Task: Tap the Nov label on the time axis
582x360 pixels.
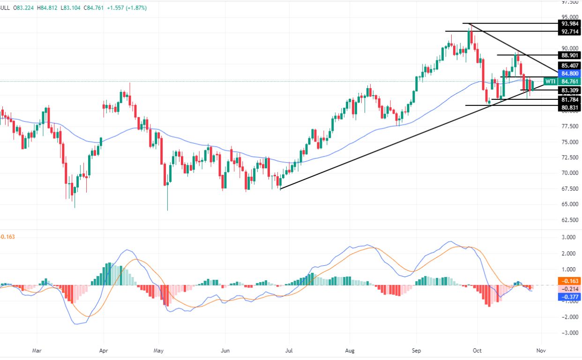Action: (541, 350)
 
